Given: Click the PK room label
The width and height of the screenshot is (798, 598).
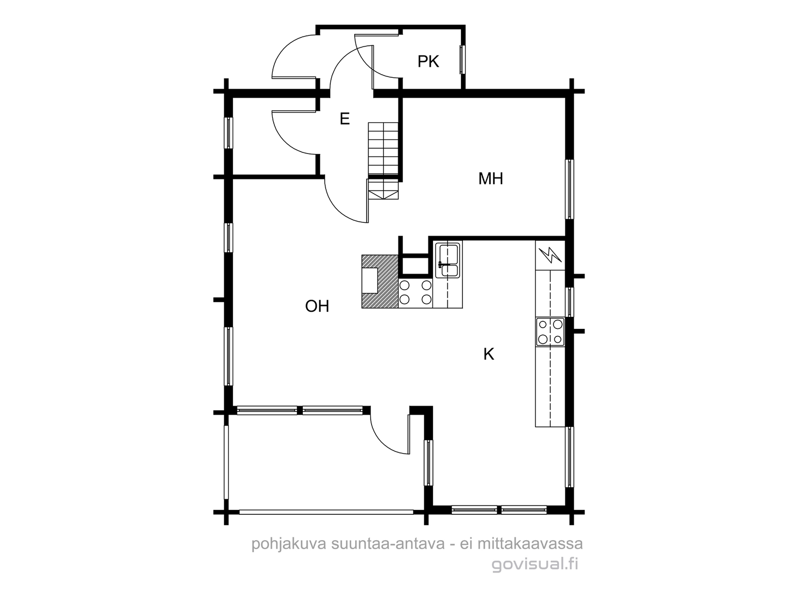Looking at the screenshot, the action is pos(428,62).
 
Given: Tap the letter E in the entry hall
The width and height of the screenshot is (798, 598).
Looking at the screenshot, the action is pos(345,119).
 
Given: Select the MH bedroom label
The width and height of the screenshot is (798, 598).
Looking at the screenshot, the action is pos(490,178).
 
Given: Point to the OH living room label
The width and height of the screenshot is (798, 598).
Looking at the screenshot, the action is pos(317,306).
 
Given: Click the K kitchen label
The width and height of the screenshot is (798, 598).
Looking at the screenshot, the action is pos(489,354).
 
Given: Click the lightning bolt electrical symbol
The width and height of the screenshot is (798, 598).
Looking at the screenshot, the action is pos(550,255).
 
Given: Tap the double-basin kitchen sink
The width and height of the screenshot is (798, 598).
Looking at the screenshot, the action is pos(449,260).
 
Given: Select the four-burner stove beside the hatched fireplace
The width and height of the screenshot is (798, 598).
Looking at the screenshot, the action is pos(415,293).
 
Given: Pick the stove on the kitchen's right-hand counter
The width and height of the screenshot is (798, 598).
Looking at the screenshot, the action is pos(550,331).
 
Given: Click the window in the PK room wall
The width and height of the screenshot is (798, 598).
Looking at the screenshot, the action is pos(462,60).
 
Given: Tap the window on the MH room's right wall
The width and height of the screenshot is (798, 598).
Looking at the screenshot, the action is pos(570,189).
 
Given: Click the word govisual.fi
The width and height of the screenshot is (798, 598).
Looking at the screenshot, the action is pos(535,565).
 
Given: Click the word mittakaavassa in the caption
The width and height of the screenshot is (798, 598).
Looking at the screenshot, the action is pos(531,544).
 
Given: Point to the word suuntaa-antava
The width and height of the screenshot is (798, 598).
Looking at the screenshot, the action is pos(388,544).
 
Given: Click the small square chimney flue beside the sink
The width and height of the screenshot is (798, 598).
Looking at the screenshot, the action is pos(414,266).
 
